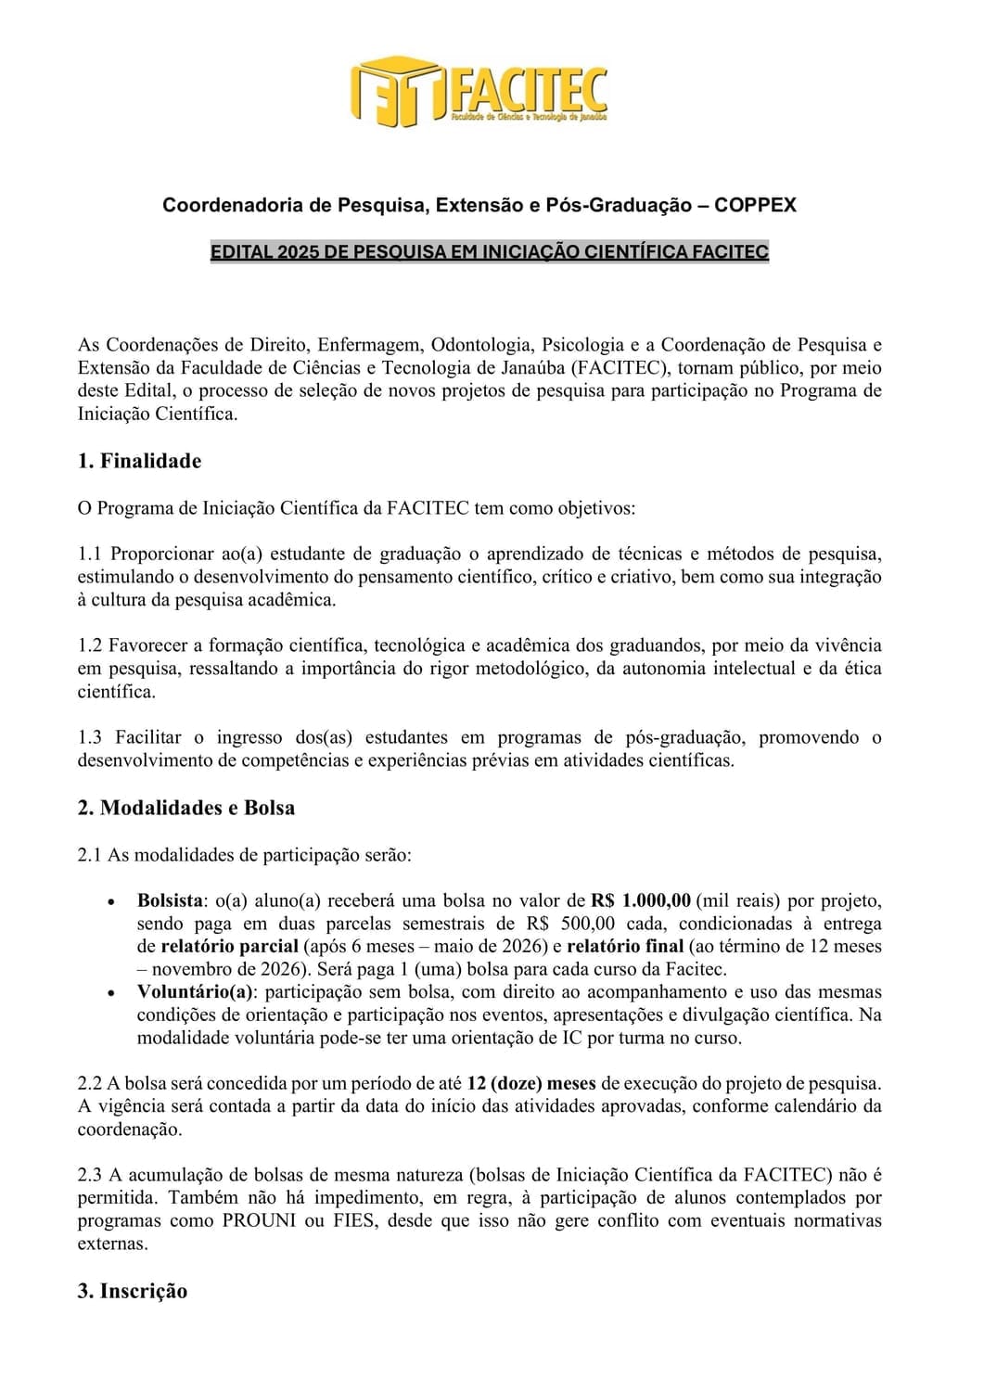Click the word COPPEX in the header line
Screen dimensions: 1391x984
click(755, 205)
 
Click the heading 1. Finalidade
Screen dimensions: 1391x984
click(139, 461)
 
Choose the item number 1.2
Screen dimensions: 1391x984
click(89, 645)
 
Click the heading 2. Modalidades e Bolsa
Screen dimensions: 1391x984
click(185, 808)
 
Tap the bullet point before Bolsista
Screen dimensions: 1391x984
click(111, 901)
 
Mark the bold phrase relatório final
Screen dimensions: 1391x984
click(625, 947)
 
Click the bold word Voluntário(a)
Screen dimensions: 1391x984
click(195, 992)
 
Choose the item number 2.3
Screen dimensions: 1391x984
click(89, 1175)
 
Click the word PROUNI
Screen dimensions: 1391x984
click(260, 1221)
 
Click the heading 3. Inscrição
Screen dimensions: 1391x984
click(133, 1291)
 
